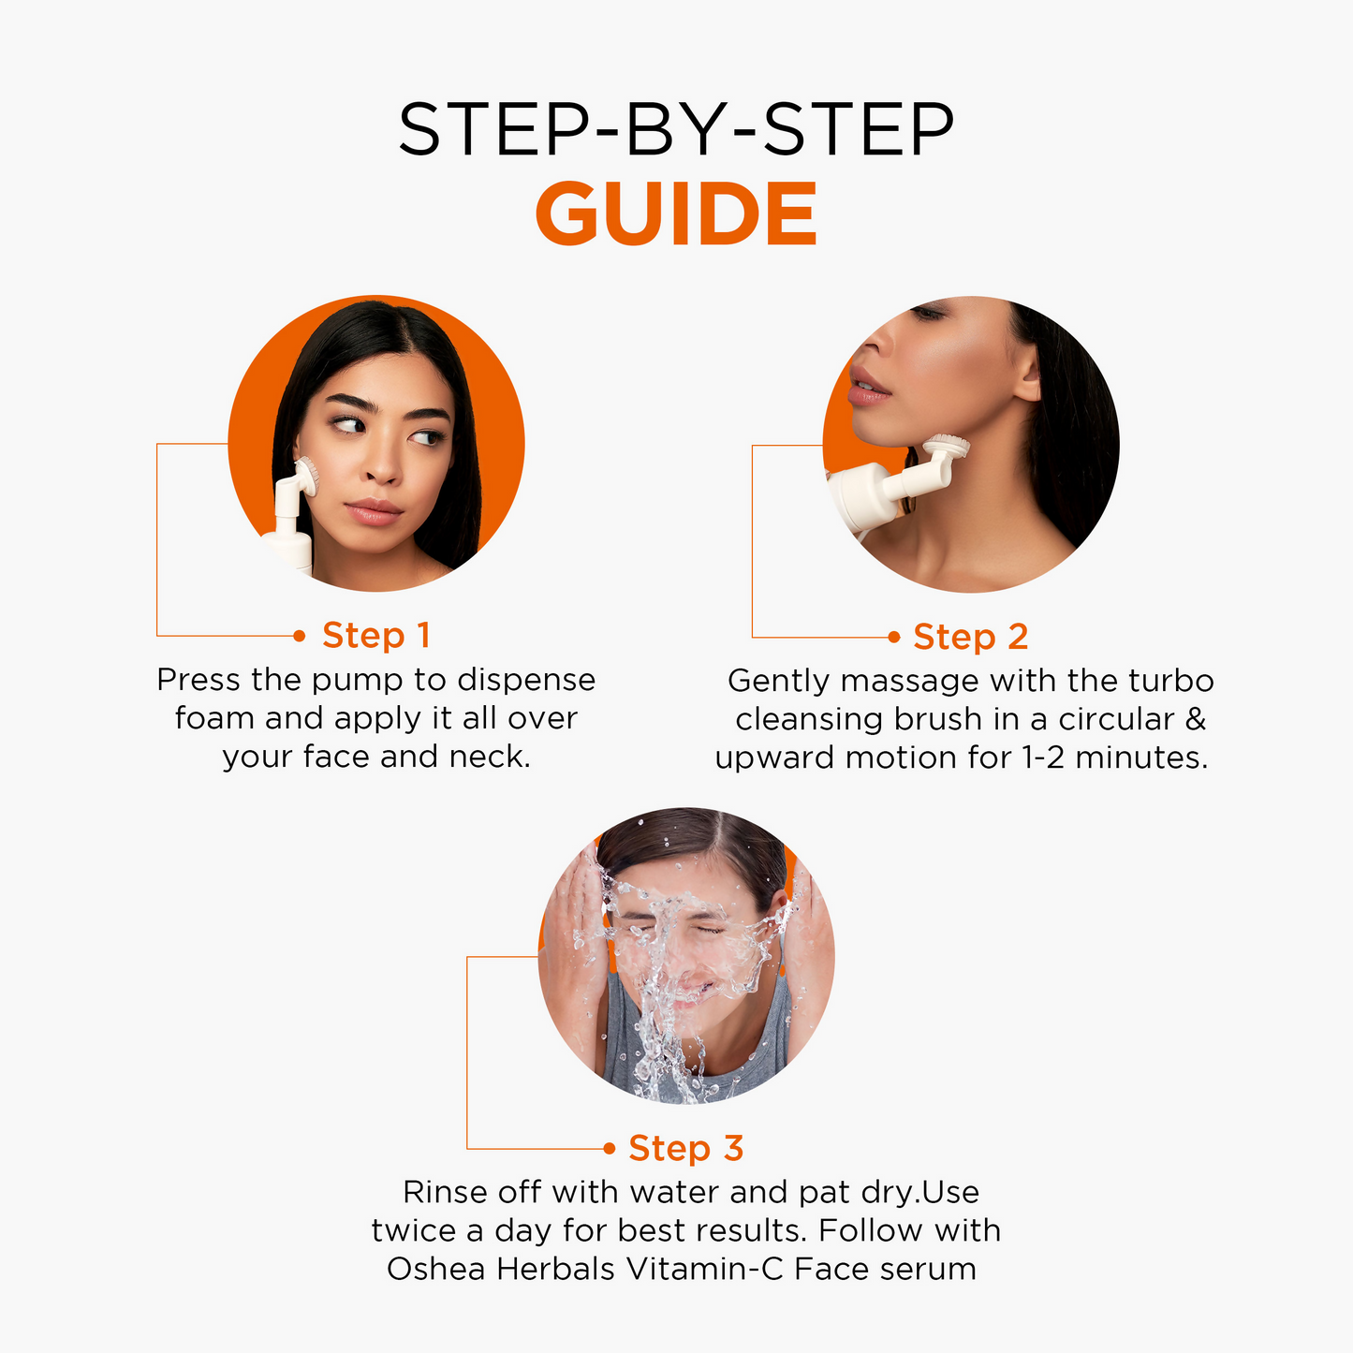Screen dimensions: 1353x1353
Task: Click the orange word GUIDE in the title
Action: tap(676, 213)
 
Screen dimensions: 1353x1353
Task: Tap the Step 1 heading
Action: tap(375, 636)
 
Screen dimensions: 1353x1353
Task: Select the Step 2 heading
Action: tap(970, 637)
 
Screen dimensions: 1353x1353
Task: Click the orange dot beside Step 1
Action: tap(300, 636)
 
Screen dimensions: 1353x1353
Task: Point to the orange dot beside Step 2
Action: tap(894, 638)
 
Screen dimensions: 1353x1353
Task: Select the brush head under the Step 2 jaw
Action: tap(947, 445)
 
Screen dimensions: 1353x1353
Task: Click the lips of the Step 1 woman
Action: tap(374, 512)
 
